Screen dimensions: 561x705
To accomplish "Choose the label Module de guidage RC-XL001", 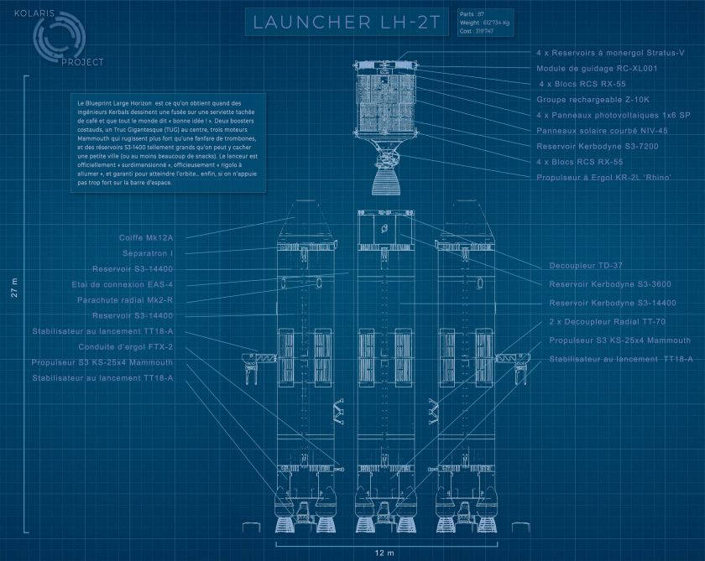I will tap(596, 68).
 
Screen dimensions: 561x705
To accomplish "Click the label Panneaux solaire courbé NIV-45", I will tap(602, 130).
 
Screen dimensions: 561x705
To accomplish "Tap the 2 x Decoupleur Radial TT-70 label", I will tap(608, 322).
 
